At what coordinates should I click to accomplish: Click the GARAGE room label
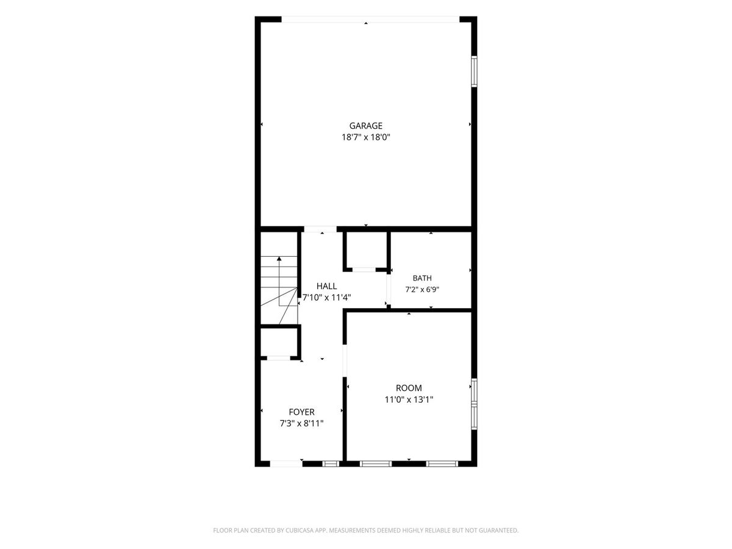(365, 126)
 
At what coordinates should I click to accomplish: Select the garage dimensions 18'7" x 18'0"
(365, 137)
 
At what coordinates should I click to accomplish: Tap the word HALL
(326, 286)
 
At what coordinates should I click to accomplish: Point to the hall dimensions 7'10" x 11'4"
(326, 297)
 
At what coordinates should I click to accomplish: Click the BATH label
(422, 278)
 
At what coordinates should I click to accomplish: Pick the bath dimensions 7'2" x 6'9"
(422, 289)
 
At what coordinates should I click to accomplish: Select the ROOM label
(409, 388)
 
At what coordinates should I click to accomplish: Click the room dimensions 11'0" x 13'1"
(409, 400)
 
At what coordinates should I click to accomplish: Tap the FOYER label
(301, 412)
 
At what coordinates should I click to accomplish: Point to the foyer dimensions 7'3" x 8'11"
(301, 423)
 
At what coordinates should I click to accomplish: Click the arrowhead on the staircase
(279, 258)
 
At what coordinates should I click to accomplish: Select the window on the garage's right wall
(474, 71)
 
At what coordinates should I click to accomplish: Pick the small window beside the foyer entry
(331, 464)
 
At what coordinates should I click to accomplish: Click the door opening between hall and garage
(320, 229)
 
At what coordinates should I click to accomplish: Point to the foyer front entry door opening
(286, 464)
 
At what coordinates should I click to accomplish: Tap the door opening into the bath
(389, 289)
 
